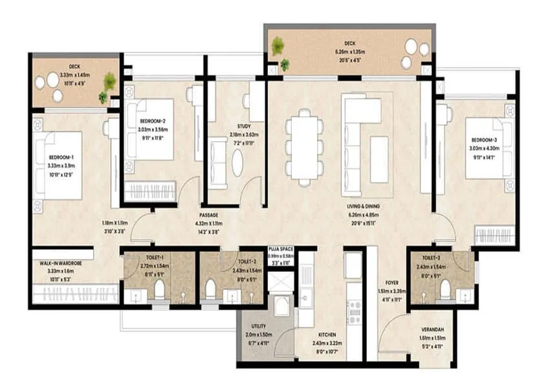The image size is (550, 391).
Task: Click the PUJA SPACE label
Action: click(x=281, y=247)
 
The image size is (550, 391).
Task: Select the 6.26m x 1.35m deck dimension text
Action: click(x=349, y=52)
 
